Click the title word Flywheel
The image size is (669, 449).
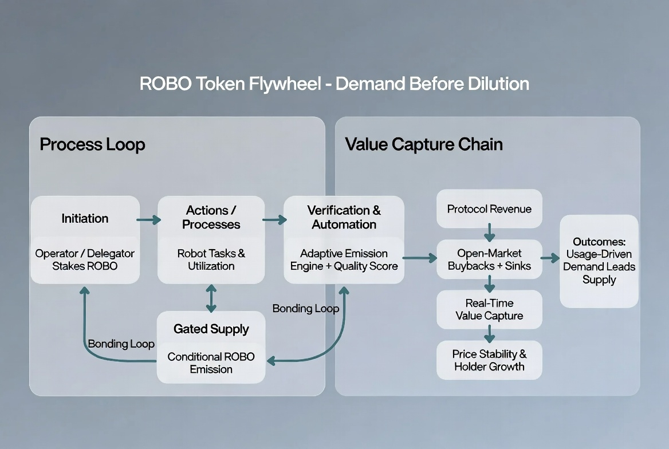click(x=285, y=84)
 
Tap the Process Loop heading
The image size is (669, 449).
click(x=92, y=145)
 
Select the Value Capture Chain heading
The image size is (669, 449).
click(x=424, y=144)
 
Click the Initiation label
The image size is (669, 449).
click(x=85, y=219)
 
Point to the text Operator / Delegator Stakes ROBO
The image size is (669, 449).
click(x=85, y=259)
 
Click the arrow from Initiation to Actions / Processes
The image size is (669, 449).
click(x=148, y=220)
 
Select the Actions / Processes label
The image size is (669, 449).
click(x=211, y=217)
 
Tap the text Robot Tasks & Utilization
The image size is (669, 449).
click(x=211, y=259)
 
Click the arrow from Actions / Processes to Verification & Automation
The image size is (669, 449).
click(x=274, y=220)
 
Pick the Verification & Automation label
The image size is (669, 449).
click(x=344, y=217)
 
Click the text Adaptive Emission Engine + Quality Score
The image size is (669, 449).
click(x=344, y=259)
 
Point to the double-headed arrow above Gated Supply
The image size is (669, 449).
click(x=211, y=298)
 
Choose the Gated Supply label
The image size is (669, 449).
click(x=211, y=329)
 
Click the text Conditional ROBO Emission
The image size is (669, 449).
click(x=211, y=363)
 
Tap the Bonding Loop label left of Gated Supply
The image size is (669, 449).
click(x=121, y=344)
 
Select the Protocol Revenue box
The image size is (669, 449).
click(x=489, y=208)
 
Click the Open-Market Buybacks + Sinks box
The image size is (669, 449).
click(x=489, y=259)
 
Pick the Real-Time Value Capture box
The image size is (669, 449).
click(x=489, y=309)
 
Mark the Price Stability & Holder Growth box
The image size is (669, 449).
click(x=489, y=360)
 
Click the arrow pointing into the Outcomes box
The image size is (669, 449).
click(x=550, y=258)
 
